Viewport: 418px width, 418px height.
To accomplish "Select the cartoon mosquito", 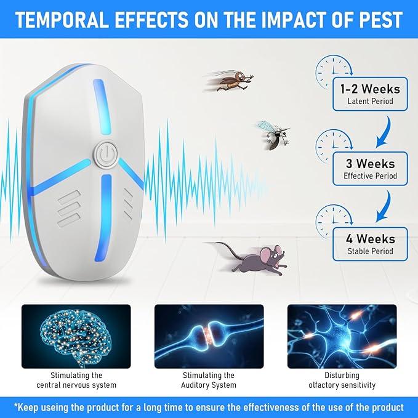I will tap(271, 135).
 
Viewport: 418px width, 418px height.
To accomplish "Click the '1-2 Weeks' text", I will tap(369, 88).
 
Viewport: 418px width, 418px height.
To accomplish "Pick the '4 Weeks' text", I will tap(369, 238).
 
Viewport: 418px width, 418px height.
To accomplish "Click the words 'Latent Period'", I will tap(369, 102).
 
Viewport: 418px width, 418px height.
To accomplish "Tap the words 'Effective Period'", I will tap(369, 177).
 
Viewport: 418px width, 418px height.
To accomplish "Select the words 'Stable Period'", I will tap(369, 251).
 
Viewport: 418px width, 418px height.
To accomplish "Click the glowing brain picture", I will tap(76, 336).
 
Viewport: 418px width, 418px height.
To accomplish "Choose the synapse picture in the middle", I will tap(209, 336).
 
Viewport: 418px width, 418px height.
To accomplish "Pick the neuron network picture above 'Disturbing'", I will tap(342, 336).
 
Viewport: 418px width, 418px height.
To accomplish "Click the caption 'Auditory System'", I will tap(209, 385).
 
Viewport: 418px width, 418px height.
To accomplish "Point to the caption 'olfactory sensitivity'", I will tap(342, 385).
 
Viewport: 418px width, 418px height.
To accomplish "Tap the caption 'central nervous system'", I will tap(76, 385).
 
